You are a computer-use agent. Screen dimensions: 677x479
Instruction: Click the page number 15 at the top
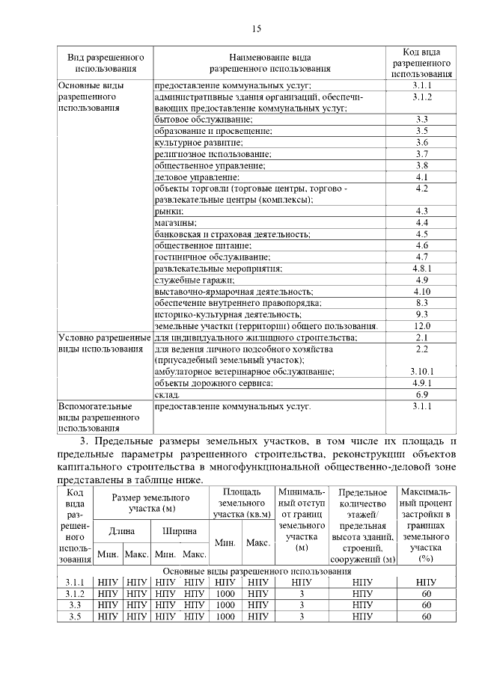click(x=256, y=29)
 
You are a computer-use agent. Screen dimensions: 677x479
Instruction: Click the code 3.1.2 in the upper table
click(x=422, y=97)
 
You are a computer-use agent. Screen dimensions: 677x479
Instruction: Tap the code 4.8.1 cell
click(x=422, y=268)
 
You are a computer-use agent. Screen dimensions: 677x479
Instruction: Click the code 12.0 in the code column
click(x=422, y=326)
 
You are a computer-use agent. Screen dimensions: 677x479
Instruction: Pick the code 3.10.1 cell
click(x=422, y=372)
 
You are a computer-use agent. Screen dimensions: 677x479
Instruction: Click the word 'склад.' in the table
click(x=167, y=394)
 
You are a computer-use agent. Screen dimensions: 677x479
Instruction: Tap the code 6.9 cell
click(x=422, y=394)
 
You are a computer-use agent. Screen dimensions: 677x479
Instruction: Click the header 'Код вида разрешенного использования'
click(x=422, y=63)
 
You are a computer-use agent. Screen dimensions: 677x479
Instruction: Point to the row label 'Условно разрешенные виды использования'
click(x=103, y=343)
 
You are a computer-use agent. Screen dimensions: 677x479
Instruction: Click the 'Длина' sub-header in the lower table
click(x=122, y=531)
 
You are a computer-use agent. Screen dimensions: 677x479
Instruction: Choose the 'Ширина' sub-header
click(x=180, y=531)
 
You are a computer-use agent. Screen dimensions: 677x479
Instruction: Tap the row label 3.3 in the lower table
click(x=75, y=604)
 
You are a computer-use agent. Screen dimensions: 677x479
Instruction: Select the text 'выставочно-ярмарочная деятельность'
click(x=234, y=291)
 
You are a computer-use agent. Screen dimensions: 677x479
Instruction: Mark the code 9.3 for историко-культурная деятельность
click(x=422, y=314)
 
